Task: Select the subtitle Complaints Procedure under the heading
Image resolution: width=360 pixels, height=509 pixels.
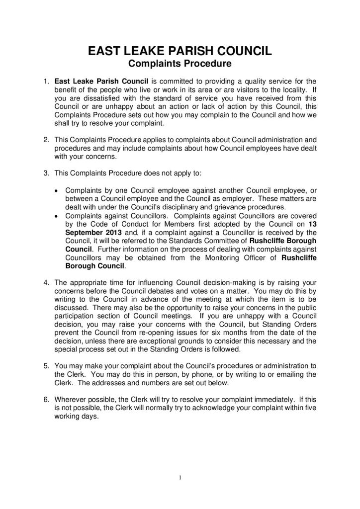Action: pos(180,64)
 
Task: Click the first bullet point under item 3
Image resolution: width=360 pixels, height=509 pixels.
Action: pos(57,190)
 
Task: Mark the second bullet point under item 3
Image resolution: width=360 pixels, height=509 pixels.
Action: pos(57,215)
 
